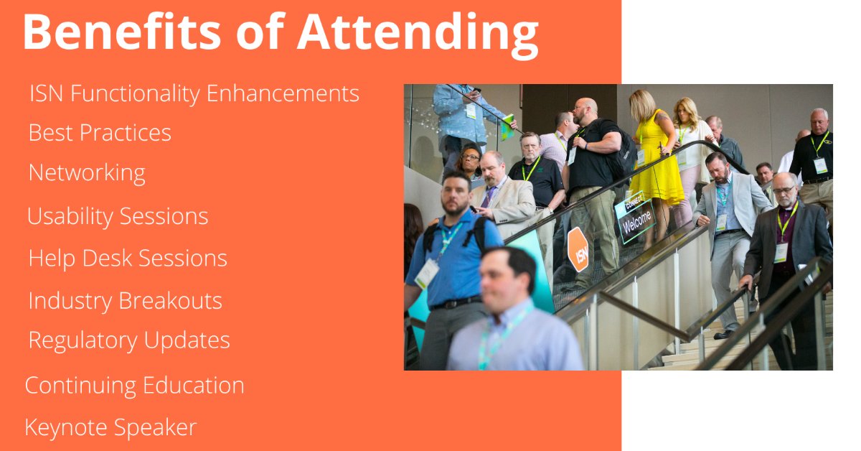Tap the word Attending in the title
coord(418,33)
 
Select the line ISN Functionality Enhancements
coord(194,93)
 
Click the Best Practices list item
coord(100,133)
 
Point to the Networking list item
coord(87,173)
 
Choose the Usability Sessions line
coord(118,216)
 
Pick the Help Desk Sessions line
coord(128,259)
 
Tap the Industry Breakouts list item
coord(125,300)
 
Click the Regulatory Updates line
coord(129,340)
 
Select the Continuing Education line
coord(134,386)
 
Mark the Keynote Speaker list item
coord(110,427)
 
